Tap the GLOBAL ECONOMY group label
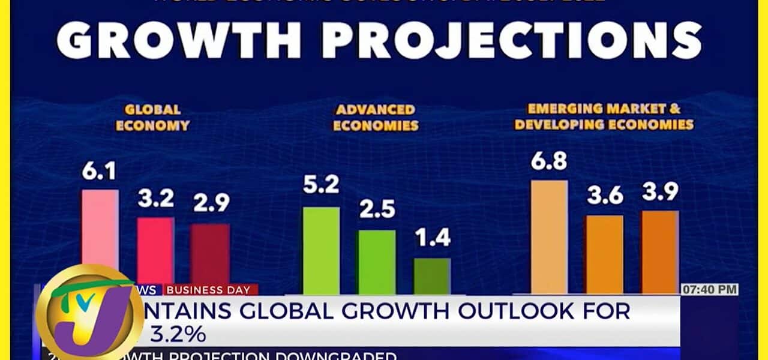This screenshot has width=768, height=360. (152, 118)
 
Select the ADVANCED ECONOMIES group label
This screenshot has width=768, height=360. (376, 118)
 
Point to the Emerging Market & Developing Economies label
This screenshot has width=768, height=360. (604, 117)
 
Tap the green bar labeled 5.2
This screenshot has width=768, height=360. (321, 250)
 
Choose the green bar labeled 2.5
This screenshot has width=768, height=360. (377, 262)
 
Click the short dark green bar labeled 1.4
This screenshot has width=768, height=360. (432, 276)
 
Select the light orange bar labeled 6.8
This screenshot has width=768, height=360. (549, 236)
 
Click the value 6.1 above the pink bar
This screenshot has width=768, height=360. (100, 174)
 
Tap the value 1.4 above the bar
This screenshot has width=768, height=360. (432, 239)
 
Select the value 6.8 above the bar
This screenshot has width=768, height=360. (549, 161)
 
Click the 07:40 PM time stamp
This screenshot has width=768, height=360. (709, 290)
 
